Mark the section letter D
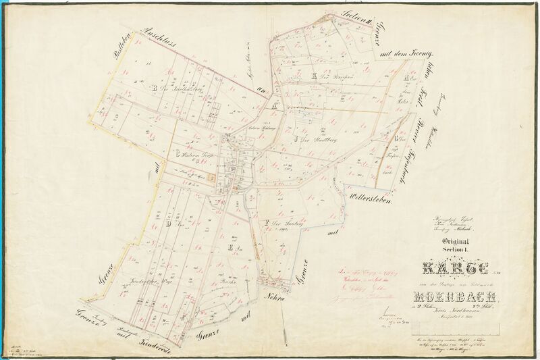click(x=167, y=222)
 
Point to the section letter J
click(x=296, y=140)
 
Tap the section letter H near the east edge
click(x=407, y=77)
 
